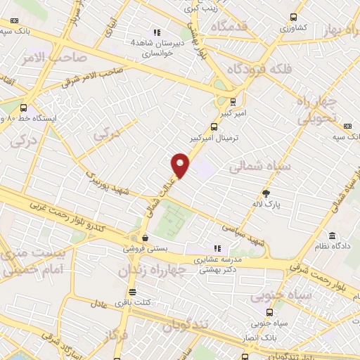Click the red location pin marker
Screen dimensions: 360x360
pos(181,165)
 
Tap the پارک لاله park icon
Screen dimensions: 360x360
pos(266,193)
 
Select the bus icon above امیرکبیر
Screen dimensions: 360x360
pos(233,101)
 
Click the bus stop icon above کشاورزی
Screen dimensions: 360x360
pos(293,18)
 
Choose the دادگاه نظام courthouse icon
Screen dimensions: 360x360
pos(331,236)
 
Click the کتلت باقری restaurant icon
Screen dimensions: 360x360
pos(131,292)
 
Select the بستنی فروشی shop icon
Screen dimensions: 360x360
pos(144,238)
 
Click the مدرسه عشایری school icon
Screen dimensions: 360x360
pos(218,247)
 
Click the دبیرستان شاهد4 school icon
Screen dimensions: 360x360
pos(156,32)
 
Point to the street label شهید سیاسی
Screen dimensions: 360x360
pos(243,234)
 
